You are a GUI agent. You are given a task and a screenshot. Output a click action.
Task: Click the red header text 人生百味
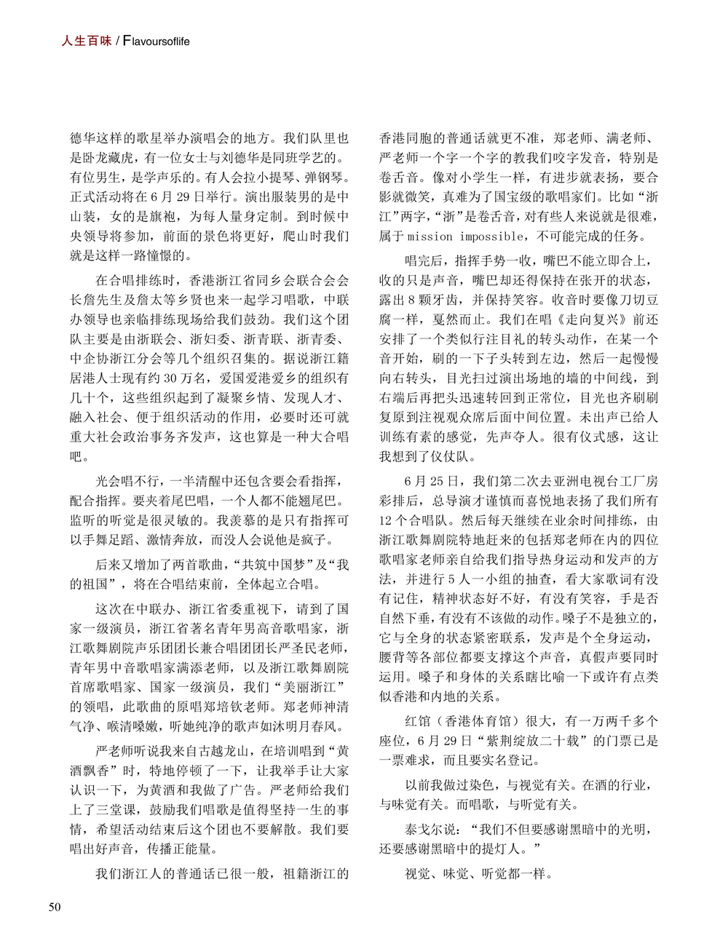[x=87, y=41]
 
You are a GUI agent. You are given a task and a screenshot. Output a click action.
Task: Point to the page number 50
[x=55, y=906]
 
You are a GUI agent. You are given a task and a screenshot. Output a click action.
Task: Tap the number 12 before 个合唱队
[x=386, y=520]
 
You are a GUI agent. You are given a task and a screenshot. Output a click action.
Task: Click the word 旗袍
[x=164, y=217]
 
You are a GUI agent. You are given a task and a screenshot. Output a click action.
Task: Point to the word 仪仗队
[x=451, y=457]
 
